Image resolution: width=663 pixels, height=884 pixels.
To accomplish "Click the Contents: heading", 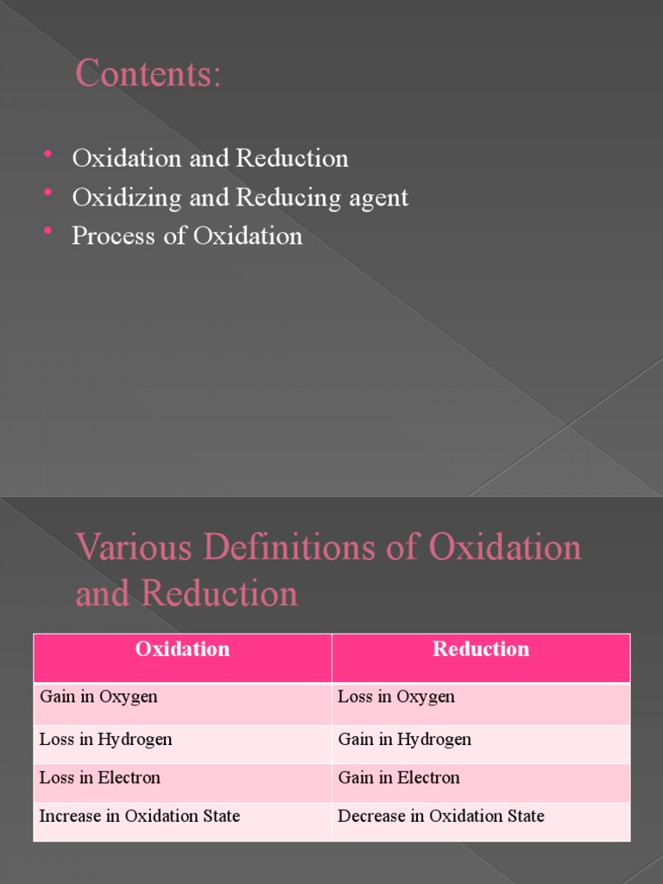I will point(148,74).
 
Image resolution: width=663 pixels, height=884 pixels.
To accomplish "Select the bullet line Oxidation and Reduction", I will point(210,159).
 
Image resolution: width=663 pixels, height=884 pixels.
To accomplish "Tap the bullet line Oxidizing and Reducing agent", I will point(240,198).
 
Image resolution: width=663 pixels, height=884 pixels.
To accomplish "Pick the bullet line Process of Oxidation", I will point(187,237).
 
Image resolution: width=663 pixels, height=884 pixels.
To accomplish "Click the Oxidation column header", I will point(182,649).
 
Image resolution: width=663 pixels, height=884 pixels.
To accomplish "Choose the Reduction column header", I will point(481,649).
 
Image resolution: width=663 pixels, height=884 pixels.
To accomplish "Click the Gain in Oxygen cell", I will point(98,697).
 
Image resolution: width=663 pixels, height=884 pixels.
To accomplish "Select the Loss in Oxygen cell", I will point(396,697).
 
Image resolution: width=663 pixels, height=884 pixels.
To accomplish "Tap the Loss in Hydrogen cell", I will point(105,739).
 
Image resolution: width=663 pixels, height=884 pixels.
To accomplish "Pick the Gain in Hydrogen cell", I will point(404,739).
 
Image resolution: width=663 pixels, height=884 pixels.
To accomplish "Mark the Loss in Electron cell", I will point(100,777).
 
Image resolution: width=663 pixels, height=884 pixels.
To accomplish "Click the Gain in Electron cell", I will point(399,777).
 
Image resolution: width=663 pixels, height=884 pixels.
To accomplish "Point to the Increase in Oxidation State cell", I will point(140,816).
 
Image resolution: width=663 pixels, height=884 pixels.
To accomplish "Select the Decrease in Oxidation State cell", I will point(441,816).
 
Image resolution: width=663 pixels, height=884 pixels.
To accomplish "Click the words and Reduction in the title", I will point(186,594).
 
